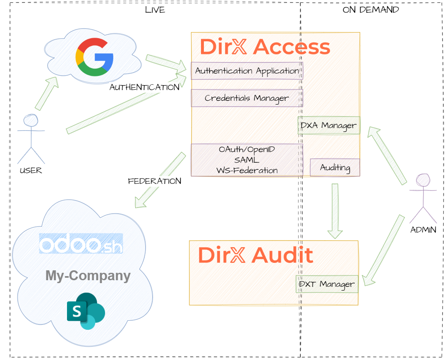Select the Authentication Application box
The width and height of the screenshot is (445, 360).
[x=247, y=71]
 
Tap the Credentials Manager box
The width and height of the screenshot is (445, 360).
[x=247, y=98]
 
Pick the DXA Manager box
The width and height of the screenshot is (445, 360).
[x=329, y=125]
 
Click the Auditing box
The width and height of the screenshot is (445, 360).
[x=335, y=168]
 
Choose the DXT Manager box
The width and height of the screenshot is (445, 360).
[x=327, y=284]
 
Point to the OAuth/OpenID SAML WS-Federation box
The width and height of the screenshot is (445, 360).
[x=247, y=160]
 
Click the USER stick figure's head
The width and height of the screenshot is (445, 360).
[x=31, y=120]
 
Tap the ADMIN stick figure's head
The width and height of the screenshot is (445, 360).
[x=423, y=181]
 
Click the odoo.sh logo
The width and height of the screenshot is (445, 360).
[x=81, y=244]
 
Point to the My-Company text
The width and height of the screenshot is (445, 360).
[x=88, y=276]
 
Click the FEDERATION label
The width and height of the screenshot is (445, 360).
[x=154, y=181]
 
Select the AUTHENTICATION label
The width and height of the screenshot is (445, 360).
[x=144, y=87]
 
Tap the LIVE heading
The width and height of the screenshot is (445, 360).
[x=155, y=10]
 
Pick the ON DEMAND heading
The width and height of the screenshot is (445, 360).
[x=371, y=10]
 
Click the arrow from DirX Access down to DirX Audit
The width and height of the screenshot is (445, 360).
[x=335, y=211]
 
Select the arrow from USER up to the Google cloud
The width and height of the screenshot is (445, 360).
[x=46, y=94]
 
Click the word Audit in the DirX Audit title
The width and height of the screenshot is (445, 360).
[x=282, y=255]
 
